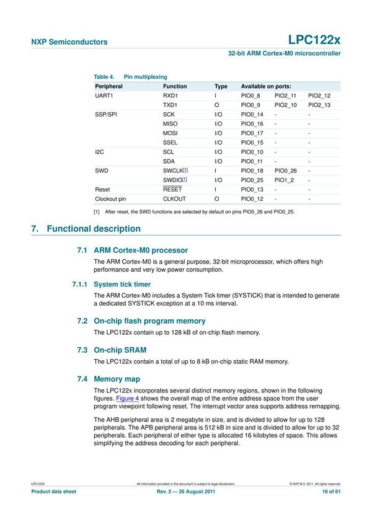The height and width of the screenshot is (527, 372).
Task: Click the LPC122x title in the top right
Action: [314, 41]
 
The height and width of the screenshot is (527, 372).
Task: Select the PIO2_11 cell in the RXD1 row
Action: [286, 97]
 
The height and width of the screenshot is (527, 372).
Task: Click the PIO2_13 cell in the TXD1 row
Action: [319, 105]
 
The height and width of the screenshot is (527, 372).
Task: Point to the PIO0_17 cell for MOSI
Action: [252, 133]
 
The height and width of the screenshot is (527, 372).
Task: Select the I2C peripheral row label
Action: [99, 152]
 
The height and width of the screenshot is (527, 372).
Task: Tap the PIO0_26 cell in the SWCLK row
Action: [286, 170]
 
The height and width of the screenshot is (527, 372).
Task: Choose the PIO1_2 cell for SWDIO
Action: [284, 179]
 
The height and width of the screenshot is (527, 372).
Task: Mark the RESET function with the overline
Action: [172, 189]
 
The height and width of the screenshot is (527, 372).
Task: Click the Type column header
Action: [221, 86]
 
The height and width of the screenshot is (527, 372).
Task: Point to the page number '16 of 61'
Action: [327, 492]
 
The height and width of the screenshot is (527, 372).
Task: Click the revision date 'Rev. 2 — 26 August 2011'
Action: [185, 492]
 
